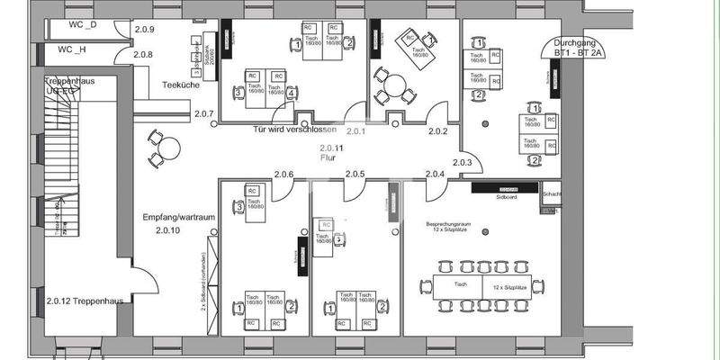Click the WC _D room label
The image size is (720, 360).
[77, 24]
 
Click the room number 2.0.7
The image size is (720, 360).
[203, 114]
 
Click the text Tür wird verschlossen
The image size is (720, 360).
[295, 130]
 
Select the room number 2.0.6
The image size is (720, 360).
[284, 174]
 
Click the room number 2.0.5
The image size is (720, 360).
[355, 174]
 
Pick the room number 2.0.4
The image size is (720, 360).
[436, 174]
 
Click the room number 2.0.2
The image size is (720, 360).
[438, 132]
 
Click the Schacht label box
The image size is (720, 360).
[552, 193]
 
